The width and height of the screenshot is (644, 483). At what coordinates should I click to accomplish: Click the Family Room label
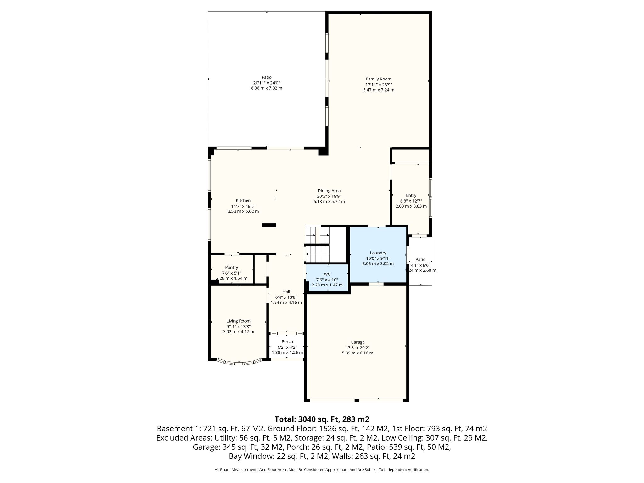pyautogui.click(x=379, y=79)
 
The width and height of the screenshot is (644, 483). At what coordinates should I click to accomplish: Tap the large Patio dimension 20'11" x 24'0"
pyautogui.click(x=267, y=83)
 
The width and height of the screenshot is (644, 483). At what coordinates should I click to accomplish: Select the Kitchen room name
pyautogui.click(x=243, y=201)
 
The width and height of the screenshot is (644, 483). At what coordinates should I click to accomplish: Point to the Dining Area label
pyautogui.click(x=329, y=191)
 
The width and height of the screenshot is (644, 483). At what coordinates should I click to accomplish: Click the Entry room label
pyautogui.click(x=411, y=196)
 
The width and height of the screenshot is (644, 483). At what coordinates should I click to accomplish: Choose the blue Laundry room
pyautogui.click(x=378, y=255)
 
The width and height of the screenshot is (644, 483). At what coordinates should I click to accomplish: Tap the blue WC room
pyautogui.click(x=327, y=278)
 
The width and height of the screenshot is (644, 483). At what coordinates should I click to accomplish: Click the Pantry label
pyautogui.click(x=232, y=268)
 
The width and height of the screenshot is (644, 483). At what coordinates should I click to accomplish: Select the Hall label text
pyautogui.click(x=286, y=292)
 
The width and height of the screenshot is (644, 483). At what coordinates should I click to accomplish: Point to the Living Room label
pyautogui.click(x=239, y=321)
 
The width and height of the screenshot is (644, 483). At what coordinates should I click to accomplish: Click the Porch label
pyautogui.click(x=287, y=342)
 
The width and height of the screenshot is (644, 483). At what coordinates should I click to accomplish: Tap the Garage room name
pyautogui.click(x=358, y=342)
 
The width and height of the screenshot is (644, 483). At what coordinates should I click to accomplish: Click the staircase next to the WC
pyautogui.click(x=318, y=244)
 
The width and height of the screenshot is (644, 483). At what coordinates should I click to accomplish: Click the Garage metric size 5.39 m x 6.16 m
pyautogui.click(x=358, y=353)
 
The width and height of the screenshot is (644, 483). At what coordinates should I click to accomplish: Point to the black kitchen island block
pyautogui.click(x=269, y=225)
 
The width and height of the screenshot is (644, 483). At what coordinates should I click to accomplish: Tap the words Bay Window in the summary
pyautogui.click(x=247, y=456)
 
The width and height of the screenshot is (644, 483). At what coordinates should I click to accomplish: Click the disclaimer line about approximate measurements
pyautogui.click(x=322, y=470)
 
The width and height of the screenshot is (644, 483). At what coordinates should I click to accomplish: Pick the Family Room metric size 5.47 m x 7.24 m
pyautogui.click(x=379, y=90)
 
